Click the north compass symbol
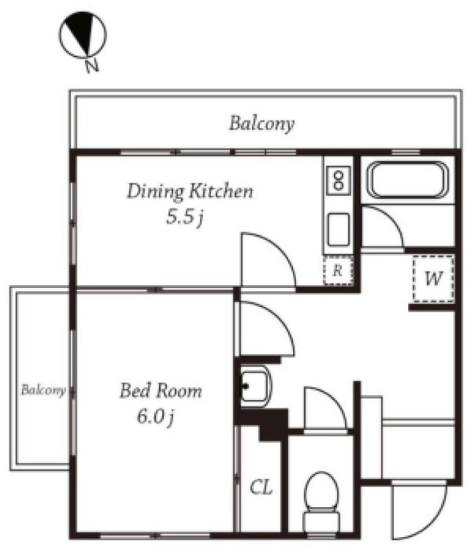(82, 34)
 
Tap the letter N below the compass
(92, 66)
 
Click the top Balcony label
(261, 124)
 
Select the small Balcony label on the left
(43, 390)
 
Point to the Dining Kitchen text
(190, 191)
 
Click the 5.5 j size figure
(185, 216)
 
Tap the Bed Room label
(160, 390)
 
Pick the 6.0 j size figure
(155, 416)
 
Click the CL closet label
(261, 487)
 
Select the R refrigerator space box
(338, 271)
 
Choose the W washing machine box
(433, 278)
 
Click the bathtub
(408, 180)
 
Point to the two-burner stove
(338, 181)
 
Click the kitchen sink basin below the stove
(338, 229)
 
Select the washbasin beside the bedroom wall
(255, 386)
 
